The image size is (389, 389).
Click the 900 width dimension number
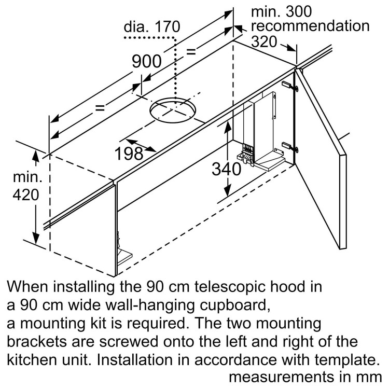click(x=146, y=62)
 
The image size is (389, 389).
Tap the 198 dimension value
click(x=129, y=153)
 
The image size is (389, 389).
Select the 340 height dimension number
click(x=227, y=169)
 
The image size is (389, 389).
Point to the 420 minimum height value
click(x=25, y=196)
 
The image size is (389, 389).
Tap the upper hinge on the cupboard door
click(x=290, y=86)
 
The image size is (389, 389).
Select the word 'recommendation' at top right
click(x=310, y=26)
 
